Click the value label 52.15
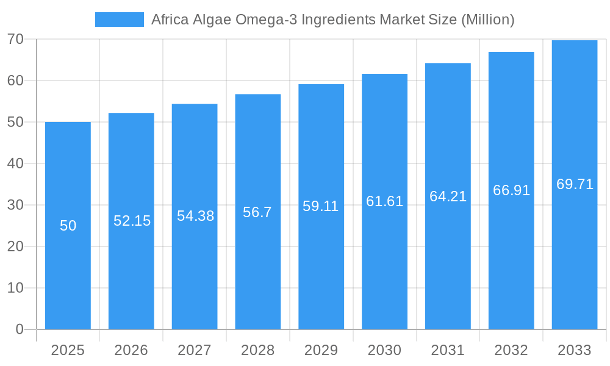[132, 221]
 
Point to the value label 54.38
[195, 216]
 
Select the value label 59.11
[321, 206]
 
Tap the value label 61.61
[384, 201]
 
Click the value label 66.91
[511, 190]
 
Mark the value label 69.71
[575, 184]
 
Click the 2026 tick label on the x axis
[131, 350]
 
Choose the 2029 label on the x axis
[321, 350]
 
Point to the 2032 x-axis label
[511, 350]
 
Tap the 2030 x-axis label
[384, 350]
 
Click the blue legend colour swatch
[120, 20]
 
